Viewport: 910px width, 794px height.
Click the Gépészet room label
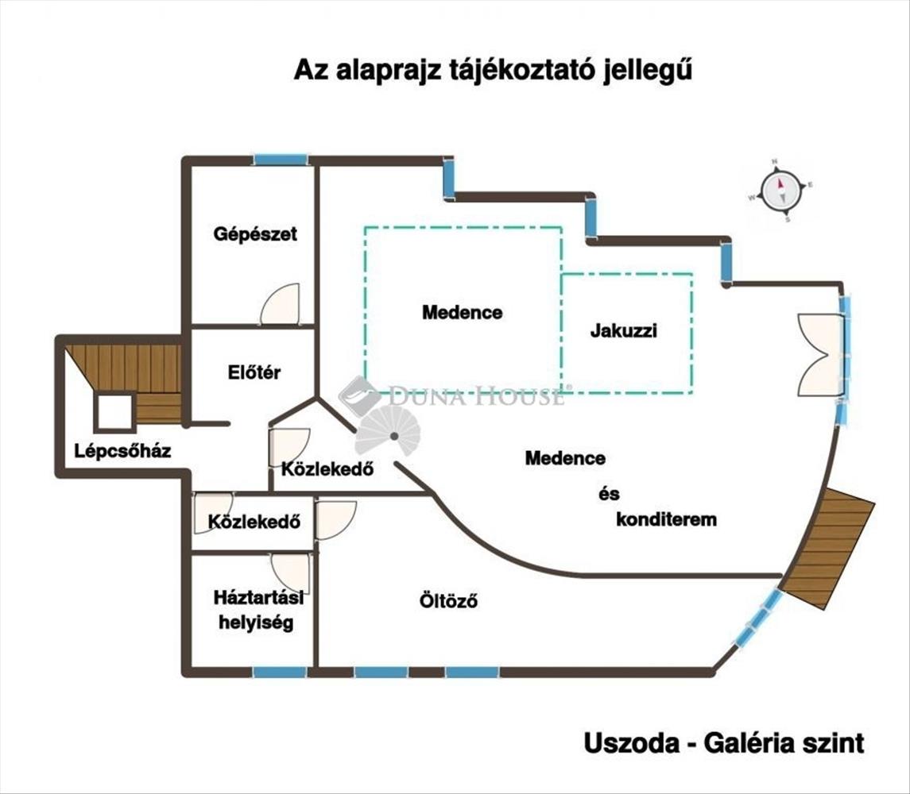[x=255, y=233]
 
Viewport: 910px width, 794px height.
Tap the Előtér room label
[x=254, y=372]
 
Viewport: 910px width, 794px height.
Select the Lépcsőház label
[x=122, y=451]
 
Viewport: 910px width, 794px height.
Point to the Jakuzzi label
[x=623, y=331]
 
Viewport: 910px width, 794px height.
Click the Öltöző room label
[x=448, y=601]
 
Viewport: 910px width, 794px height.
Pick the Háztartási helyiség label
[x=253, y=610]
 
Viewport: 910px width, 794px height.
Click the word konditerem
[x=666, y=520]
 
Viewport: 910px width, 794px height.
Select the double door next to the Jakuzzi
[x=820, y=354]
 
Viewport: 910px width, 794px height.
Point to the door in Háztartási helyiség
[x=290, y=572]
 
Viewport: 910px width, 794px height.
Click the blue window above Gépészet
[x=281, y=160]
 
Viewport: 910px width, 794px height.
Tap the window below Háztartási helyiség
[x=280, y=673]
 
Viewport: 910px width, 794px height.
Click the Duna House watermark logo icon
[x=358, y=395]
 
